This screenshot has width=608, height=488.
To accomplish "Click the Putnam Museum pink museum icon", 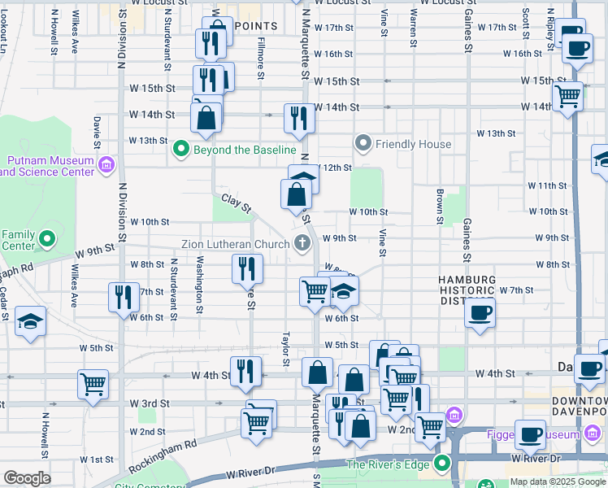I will point(106,167).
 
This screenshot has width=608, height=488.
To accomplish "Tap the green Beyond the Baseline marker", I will point(180,150).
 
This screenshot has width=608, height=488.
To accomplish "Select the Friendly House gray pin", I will point(363,144).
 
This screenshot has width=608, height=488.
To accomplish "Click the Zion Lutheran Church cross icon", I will point(302,243).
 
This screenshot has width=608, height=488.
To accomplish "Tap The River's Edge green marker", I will point(442,464).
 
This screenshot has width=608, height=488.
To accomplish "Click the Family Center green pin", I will point(47,240).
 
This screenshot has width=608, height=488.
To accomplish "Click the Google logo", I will point(28,478).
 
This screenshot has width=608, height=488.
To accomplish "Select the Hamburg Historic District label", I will point(467,290).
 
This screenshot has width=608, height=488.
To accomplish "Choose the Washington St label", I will point(199,285).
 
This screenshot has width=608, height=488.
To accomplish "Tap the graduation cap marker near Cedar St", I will point(30,320).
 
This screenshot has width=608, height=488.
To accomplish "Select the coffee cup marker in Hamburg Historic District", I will point(480,312).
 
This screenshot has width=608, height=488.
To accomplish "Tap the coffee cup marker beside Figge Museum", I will point(531,435).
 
